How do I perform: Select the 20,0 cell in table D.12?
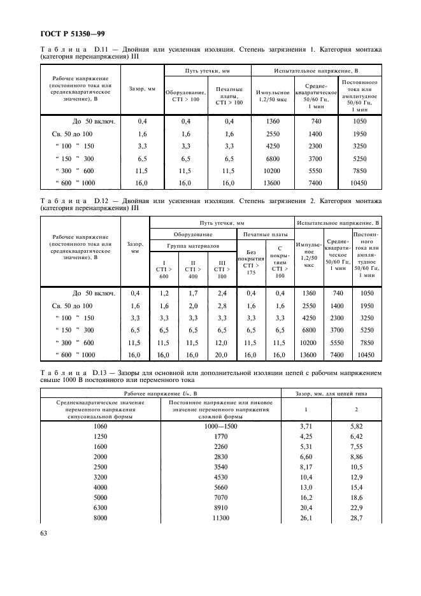tap(222, 355)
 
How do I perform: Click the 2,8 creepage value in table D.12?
tap(222, 306)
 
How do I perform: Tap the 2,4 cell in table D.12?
tap(222, 294)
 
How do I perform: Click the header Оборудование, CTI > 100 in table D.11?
tap(186, 96)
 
